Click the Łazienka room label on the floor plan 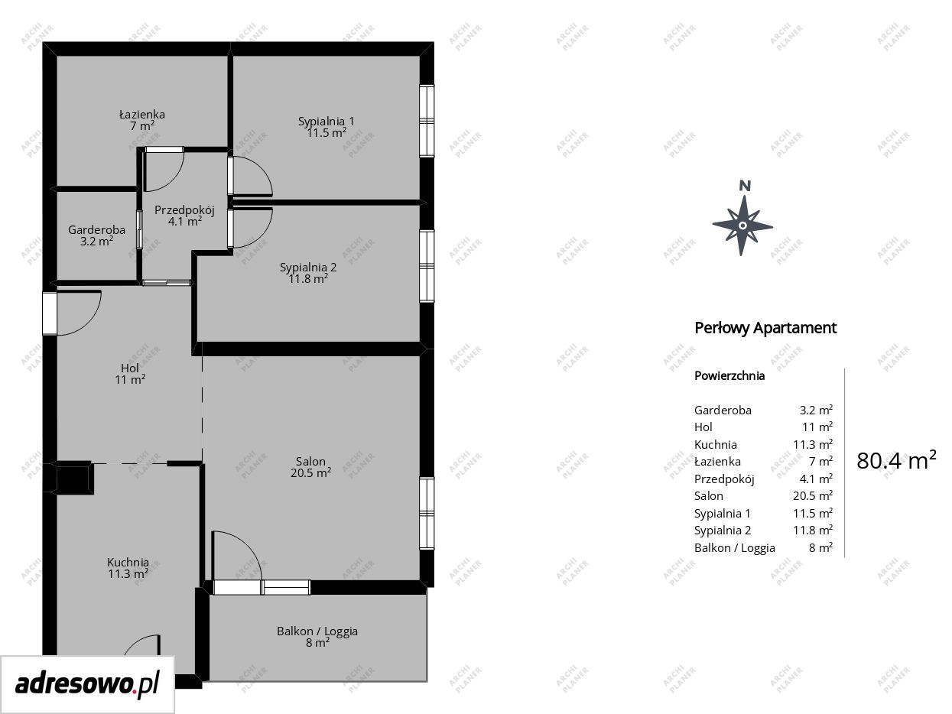click(x=142, y=115)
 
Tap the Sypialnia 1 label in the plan click(x=327, y=122)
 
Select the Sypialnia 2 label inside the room click(x=308, y=268)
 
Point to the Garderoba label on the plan click(x=96, y=230)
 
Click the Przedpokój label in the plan click(x=185, y=210)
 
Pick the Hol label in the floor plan click(x=130, y=368)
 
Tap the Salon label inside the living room click(x=310, y=461)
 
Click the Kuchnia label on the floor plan click(x=128, y=563)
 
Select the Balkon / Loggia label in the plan click(x=317, y=631)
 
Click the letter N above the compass click(x=745, y=186)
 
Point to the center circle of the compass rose click(x=742, y=226)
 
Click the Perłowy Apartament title click(x=765, y=328)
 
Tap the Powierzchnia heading click(x=729, y=376)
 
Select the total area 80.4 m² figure click(x=896, y=460)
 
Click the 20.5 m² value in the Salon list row click(x=813, y=495)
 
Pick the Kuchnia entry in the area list click(x=716, y=444)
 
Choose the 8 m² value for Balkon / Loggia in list click(x=820, y=547)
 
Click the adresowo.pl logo click(x=87, y=684)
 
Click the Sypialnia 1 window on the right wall click(x=427, y=121)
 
